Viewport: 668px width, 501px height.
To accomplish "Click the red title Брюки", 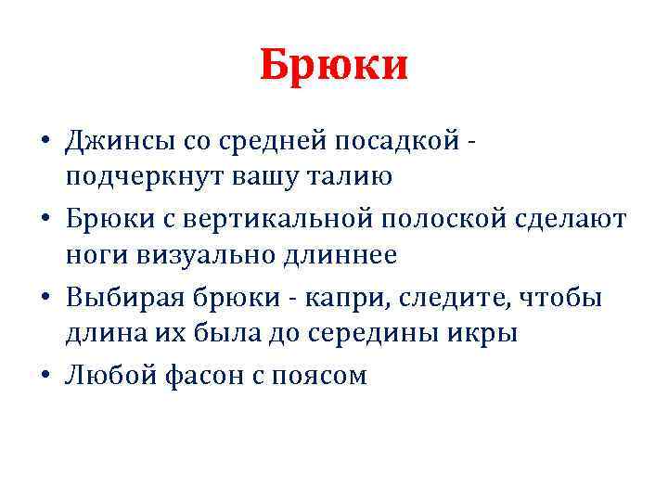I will pos(334,67).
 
